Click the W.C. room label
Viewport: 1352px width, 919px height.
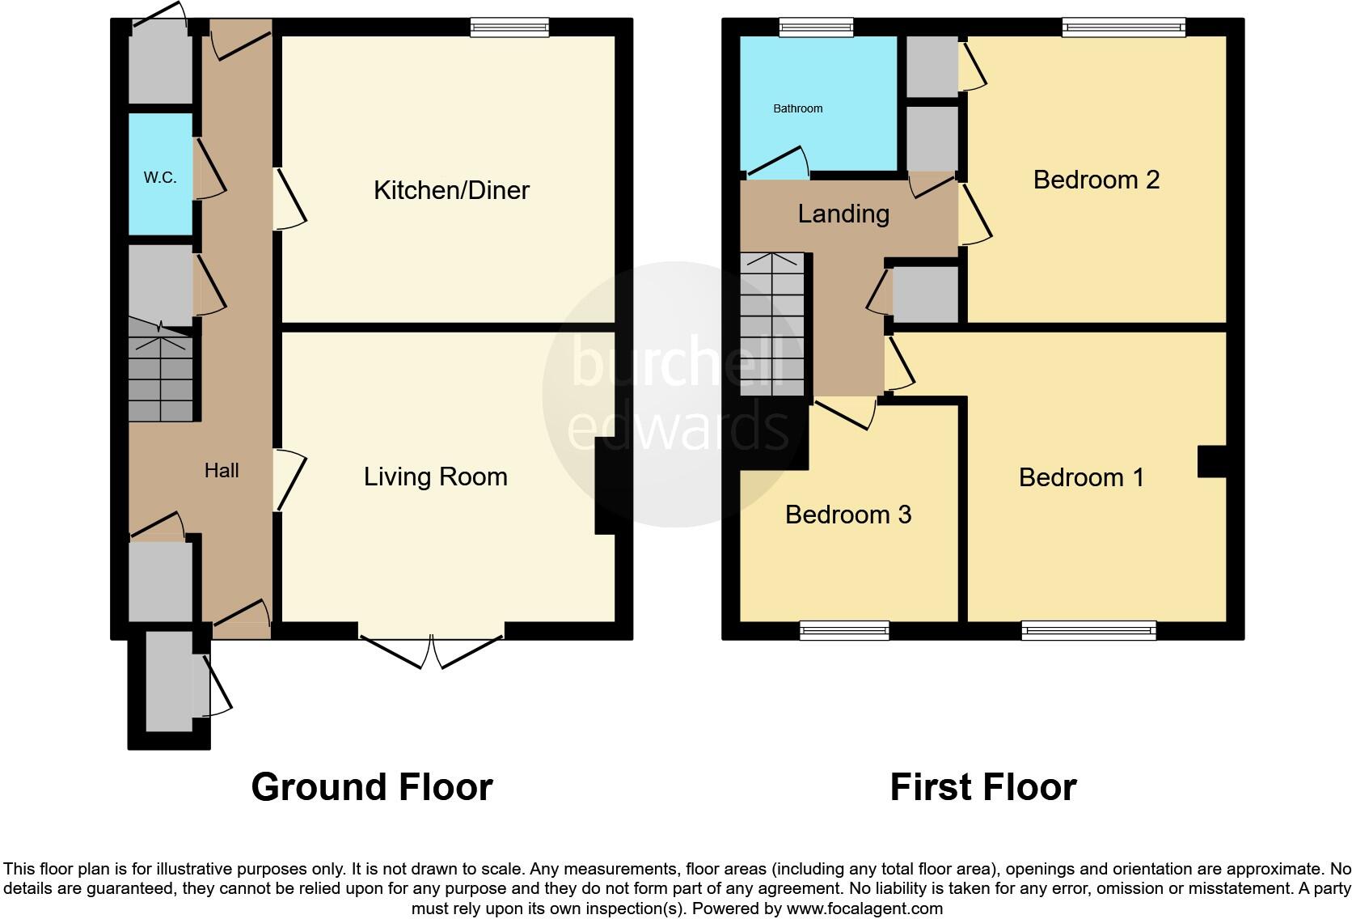tap(160, 178)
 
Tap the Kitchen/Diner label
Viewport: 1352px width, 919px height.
tap(451, 190)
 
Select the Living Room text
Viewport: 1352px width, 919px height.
tap(435, 476)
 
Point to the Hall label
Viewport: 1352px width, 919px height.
tap(221, 471)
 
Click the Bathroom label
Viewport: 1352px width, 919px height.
tap(798, 108)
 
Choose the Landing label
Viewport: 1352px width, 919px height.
tap(843, 214)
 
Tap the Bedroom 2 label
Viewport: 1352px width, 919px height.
tap(1096, 180)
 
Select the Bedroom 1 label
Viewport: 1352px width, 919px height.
tap(1081, 477)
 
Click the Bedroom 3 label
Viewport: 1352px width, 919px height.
tap(848, 515)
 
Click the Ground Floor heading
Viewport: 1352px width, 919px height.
tap(371, 787)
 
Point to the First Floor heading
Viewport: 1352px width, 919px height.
tap(982, 787)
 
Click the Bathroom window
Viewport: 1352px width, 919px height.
tap(816, 28)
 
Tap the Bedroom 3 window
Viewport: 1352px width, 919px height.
tap(844, 630)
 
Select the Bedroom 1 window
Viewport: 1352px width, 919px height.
tap(1088, 630)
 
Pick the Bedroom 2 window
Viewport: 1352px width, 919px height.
tap(1123, 28)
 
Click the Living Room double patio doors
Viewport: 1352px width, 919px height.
tap(431, 647)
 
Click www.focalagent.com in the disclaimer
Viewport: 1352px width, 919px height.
tap(864, 908)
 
